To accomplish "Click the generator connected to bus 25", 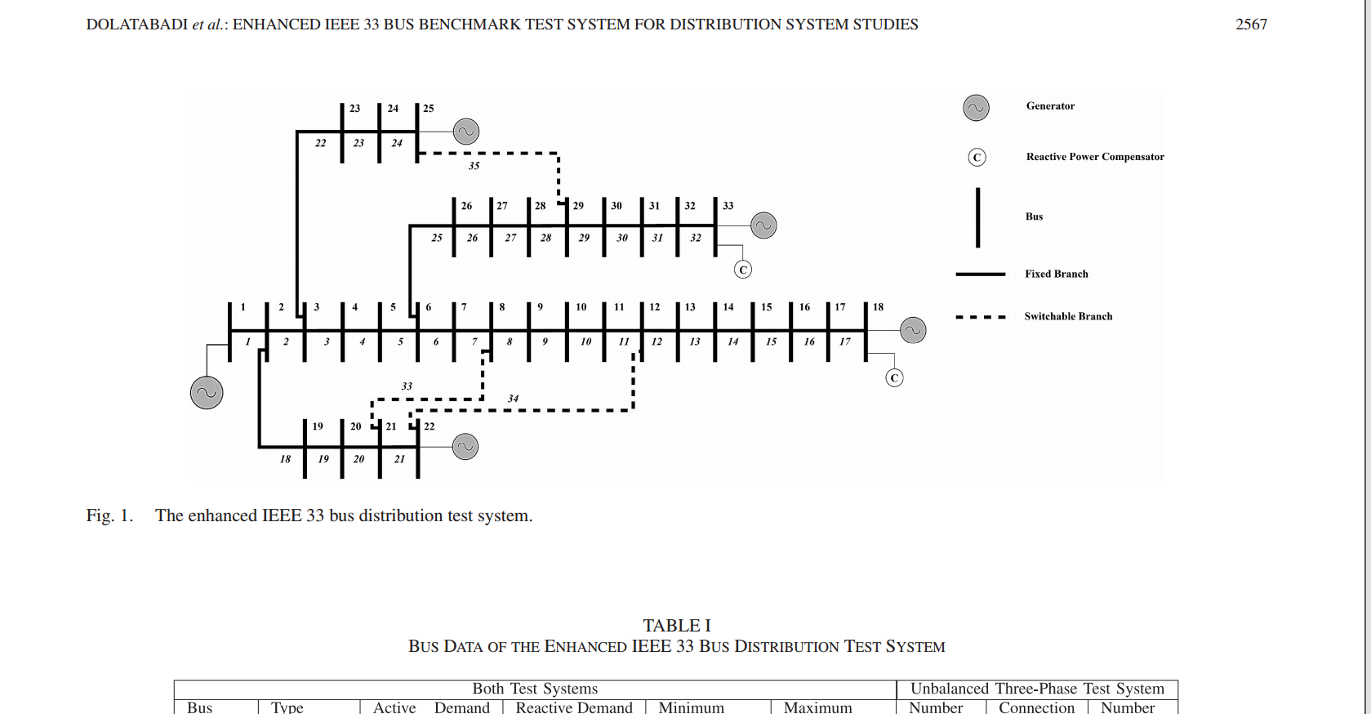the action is click(x=465, y=132).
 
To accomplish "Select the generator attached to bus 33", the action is click(x=763, y=225).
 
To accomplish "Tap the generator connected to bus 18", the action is click(x=913, y=330).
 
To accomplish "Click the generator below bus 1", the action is click(x=207, y=393).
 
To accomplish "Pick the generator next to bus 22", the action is click(x=465, y=447).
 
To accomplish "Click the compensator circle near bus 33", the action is click(x=742, y=270).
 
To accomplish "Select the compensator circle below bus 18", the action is click(x=894, y=377).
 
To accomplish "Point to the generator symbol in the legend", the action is click(x=976, y=108).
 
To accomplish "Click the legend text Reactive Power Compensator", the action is click(x=1095, y=157).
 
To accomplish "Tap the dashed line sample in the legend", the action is click(x=980, y=317).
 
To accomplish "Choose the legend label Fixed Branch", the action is click(x=1057, y=274).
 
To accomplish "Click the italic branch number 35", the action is click(x=474, y=166).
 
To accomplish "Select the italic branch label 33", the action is click(x=407, y=386).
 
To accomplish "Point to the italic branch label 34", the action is click(x=513, y=399).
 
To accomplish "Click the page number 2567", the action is click(x=1251, y=25).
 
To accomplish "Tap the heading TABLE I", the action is click(x=676, y=626).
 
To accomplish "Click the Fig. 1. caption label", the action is click(x=109, y=515).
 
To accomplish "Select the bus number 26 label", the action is click(x=466, y=206).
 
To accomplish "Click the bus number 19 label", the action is click(x=318, y=426).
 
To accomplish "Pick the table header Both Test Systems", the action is click(x=535, y=689).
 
